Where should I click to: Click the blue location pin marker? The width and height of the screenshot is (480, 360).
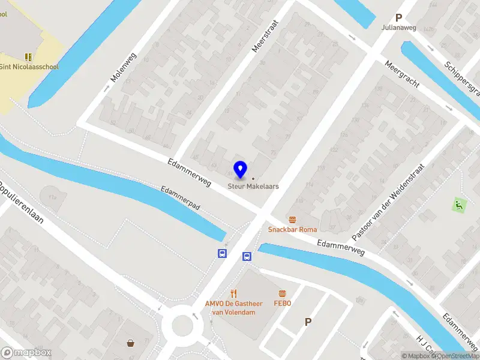point(240,170)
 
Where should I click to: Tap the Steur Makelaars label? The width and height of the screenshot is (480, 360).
point(253,186)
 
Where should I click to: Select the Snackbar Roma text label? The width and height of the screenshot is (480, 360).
point(292,229)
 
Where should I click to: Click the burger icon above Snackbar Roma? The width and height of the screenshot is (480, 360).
point(292,219)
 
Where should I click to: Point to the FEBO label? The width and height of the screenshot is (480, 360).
point(282,303)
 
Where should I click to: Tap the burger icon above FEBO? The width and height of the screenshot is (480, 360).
point(282,293)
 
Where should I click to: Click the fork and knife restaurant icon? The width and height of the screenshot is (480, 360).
point(234,294)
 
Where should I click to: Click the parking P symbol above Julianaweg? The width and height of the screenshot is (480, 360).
point(398,18)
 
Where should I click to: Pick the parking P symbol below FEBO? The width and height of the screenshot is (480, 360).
point(308,322)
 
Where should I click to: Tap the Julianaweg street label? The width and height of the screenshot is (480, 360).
point(397,28)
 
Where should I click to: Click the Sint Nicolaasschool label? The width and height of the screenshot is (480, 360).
point(29,67)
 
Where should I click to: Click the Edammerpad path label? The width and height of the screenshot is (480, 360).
point(181,197)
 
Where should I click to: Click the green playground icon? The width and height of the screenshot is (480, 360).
point(459,204)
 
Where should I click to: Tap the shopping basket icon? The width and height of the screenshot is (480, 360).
point(130,343)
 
